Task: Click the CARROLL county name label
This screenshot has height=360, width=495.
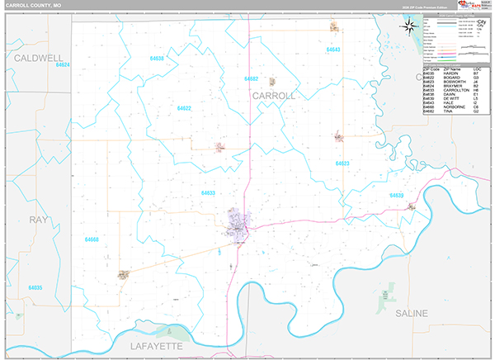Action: (273, 97)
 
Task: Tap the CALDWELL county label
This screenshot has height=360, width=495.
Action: (39, 59)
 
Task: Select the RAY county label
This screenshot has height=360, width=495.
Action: (39, 220)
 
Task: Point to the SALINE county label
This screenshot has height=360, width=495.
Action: (411, 315)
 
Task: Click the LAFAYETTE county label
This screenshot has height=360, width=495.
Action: (167, 347)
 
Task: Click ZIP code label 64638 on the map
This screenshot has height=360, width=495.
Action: (157, 59)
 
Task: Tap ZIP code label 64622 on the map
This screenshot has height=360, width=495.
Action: (183, 108)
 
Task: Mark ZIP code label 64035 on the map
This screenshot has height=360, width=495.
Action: (35, 287)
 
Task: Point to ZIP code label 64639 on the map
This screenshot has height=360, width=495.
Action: (397, 196)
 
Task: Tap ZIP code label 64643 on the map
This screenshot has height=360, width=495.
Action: (332, 50)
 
